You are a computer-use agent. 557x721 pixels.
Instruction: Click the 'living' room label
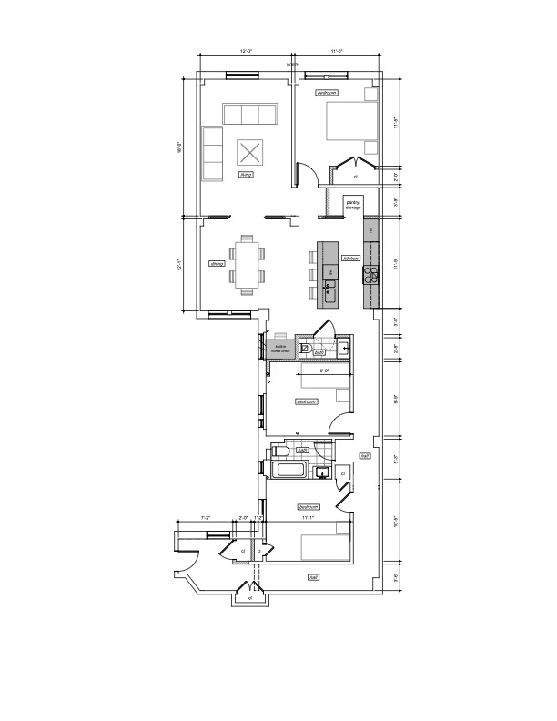[246, 173]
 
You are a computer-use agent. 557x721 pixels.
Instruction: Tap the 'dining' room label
[217, 264]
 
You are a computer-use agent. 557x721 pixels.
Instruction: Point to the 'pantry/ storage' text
[352, 206]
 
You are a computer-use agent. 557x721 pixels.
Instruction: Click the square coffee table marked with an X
[249, 150]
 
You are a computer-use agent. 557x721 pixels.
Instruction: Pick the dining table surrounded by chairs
[247, 264]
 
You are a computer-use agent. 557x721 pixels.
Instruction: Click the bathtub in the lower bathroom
[291, 470]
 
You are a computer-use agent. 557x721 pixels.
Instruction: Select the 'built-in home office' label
[279, 348]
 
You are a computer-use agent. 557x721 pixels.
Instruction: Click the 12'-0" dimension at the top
[246, 52]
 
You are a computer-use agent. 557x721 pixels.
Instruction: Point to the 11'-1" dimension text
[309, 518]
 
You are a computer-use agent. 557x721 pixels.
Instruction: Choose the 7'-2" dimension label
[206, 518]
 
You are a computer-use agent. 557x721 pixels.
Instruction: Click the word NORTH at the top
[293, 66]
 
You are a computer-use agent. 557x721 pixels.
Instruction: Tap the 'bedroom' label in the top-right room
[327, 93]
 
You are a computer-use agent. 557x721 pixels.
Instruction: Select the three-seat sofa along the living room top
[249, 114]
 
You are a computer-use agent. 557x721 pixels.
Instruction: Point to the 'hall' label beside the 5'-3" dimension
[364, 455]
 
